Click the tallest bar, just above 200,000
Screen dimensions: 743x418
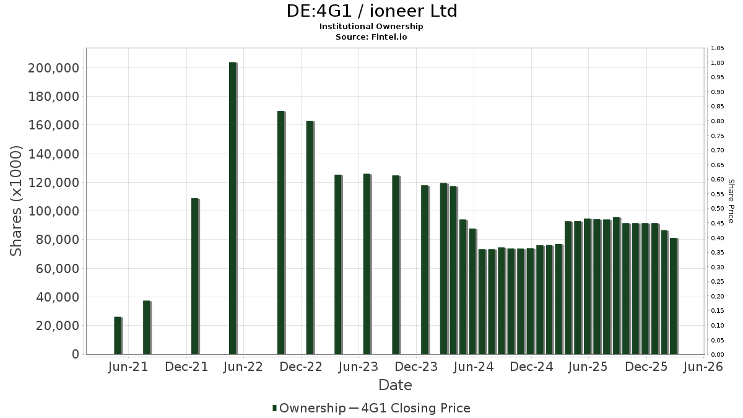tap(233, 208)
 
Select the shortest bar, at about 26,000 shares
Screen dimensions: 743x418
tap(118, 336)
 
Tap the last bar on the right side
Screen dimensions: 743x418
tap(674, 296)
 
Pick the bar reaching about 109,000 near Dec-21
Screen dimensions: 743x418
tap(195, 276)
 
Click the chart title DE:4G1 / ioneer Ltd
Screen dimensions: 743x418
tap(371, 11)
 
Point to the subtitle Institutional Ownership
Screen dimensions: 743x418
tap(371, 27)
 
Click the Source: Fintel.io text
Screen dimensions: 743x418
tap(371, 37)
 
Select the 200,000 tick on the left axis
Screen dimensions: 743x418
tap(54, 68)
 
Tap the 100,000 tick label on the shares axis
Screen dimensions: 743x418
tap(54, 211)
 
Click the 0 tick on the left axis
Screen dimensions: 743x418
tap(76, 354)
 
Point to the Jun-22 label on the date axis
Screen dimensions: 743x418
tap(243, 367)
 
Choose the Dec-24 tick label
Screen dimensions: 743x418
tap(531, 367)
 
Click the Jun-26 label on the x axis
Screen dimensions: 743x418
tap(703, 367)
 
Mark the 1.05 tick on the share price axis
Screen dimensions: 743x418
tap(717, 48)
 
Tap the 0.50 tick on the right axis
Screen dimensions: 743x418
tap(717, 209)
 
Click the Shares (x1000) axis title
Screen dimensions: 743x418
tap(15, 201)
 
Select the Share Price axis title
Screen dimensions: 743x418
tap(731, 201)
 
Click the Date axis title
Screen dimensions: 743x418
tap(395, 385)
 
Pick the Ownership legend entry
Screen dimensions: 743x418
tap(309, 408)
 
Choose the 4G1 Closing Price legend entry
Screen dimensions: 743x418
tap(410, 408)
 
